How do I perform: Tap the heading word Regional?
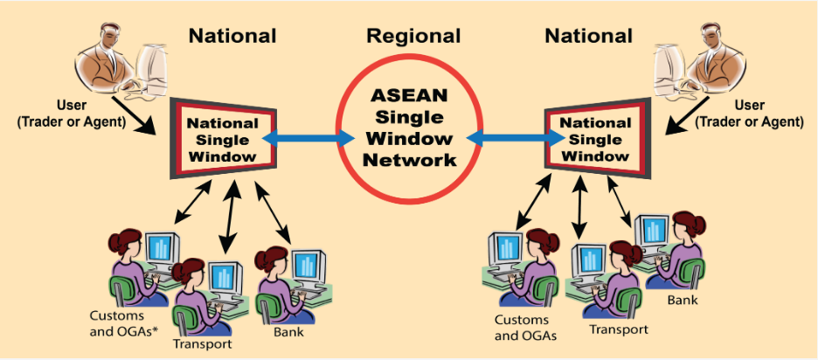point(413,37)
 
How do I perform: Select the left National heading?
point(232,37)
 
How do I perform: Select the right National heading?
point(588,37)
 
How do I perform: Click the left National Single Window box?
point(224,139)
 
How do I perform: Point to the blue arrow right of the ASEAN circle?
point(511,137)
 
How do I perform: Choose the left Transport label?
point(203,343)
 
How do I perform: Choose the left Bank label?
point(288,332)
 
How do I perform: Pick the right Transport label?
point(619,329)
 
